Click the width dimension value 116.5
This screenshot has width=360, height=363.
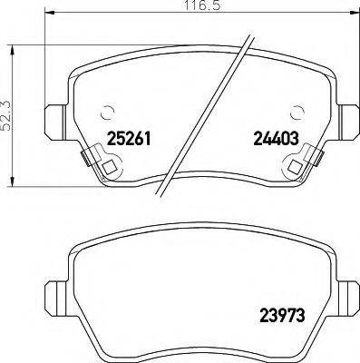tap(181, 6)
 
